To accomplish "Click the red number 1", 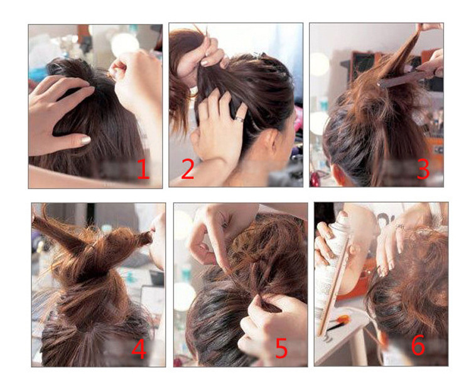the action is [x=143, y=169].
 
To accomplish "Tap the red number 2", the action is [x=188, y=169].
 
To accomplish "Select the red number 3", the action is [x=423, y=169].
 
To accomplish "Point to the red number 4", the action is [x=139, y=348].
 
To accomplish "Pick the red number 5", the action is [x=281, y=348].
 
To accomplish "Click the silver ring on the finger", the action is [x=239, y=119].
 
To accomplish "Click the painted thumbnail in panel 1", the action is [x=85, y=140].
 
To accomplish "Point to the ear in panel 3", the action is [x=338, y=174].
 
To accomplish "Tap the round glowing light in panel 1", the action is [x=124, y=44].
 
